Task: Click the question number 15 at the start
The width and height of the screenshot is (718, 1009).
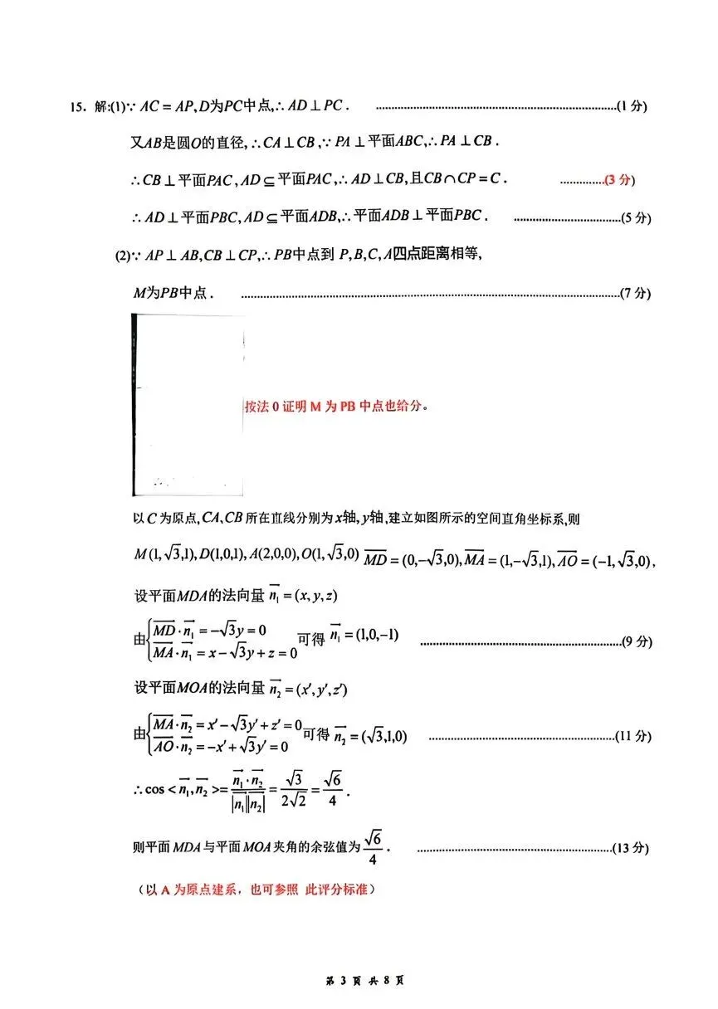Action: (x=77, y=107)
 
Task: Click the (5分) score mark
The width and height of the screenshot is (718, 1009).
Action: (x=636, y=218)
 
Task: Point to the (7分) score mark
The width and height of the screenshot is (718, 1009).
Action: (x=636, y=293)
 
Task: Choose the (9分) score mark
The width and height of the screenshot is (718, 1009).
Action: (x=637, y=641)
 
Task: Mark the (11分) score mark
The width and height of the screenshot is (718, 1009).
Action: (x=633, y=736)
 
